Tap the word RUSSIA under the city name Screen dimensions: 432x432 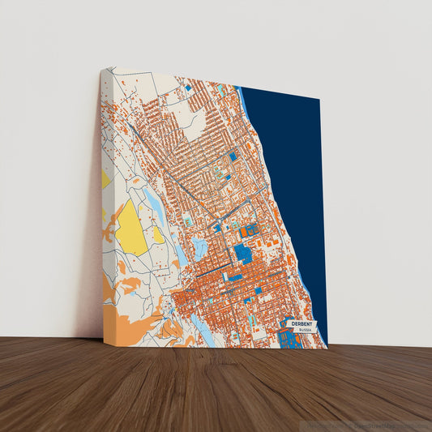tap(304, 331)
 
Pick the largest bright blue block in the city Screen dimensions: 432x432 tap(243, 253)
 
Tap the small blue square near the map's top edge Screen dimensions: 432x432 tap(187, 86)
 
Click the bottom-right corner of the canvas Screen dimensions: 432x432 tap(327, 348)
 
